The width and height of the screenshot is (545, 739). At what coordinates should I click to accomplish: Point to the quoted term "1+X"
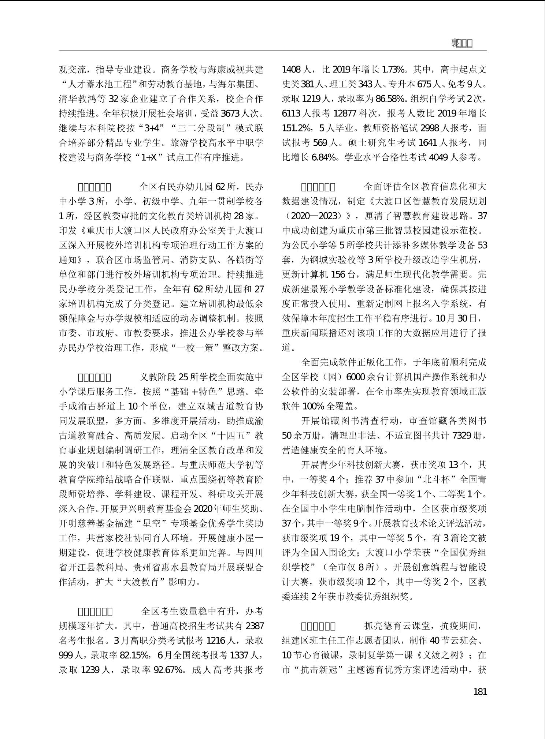click(149, 157)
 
